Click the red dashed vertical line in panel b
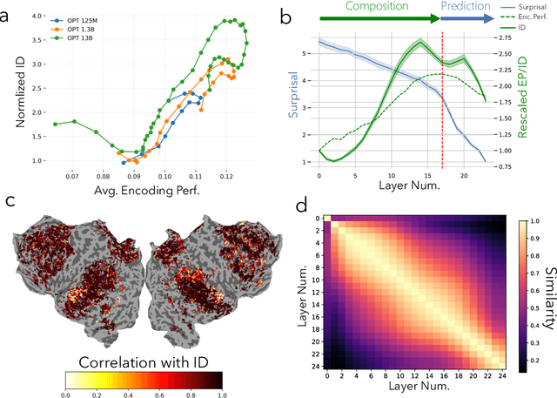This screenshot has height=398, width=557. (442, 105)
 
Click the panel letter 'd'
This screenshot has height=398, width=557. (301, 206)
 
